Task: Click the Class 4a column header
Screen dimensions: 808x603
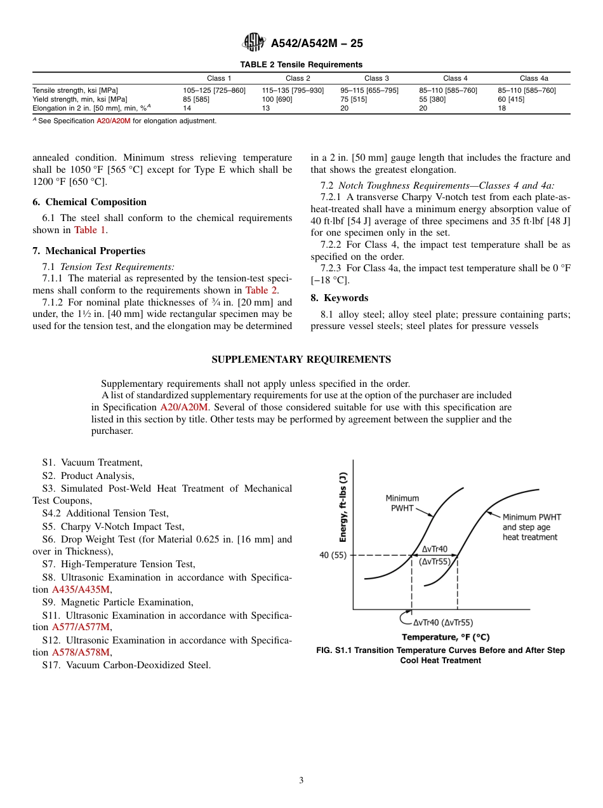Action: point(534,78)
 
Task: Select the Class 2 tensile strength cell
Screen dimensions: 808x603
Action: point(293,90)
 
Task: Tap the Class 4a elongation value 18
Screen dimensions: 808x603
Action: point(501,108)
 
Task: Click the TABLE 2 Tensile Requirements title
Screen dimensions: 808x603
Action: point(301,64)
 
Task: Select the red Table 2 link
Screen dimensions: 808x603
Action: point(261,290)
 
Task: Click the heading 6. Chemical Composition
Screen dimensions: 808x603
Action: point(89,202)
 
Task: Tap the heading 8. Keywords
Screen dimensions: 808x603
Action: point(339,298)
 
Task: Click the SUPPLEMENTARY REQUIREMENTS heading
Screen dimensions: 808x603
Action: point(301,360)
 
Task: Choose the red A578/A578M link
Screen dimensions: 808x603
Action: point(81,652)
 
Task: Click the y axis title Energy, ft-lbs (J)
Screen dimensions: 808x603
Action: point(343,507)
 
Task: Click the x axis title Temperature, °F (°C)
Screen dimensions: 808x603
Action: point(446,637)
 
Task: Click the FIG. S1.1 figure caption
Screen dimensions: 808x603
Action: point(441,655)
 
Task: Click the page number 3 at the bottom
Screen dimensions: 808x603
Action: point(301,781)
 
